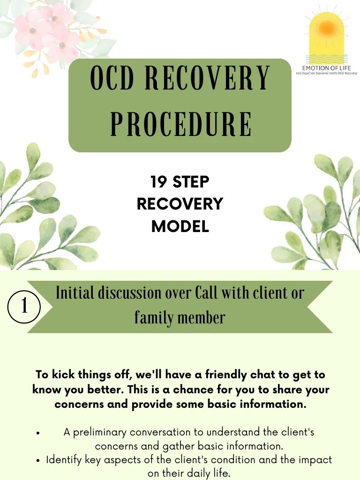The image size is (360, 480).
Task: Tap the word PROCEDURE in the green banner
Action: [180, 124]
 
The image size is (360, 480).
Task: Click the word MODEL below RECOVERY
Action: [180, 226]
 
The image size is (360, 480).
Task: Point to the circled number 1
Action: [24, 307]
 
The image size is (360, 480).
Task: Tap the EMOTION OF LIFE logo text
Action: [327, 68]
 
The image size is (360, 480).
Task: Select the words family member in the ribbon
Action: [180, 318]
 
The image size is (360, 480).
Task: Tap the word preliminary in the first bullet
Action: [99, 432]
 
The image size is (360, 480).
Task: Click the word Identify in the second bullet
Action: [64, 460]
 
